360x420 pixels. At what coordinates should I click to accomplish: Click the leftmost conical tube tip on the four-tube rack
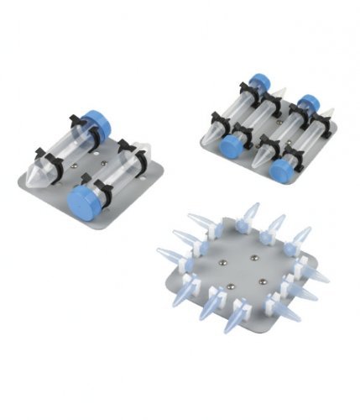(x=207, y=126)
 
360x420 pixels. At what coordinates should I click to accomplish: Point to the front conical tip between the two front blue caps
(x=248, y=155)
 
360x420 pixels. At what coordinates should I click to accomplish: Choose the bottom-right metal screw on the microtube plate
(x=262, y=282)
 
